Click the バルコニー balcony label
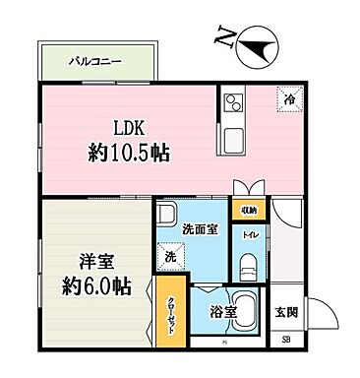coord(95,60)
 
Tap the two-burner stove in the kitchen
coord(234,101)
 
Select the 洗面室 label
coord(200,228)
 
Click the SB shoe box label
coord(287,340)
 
